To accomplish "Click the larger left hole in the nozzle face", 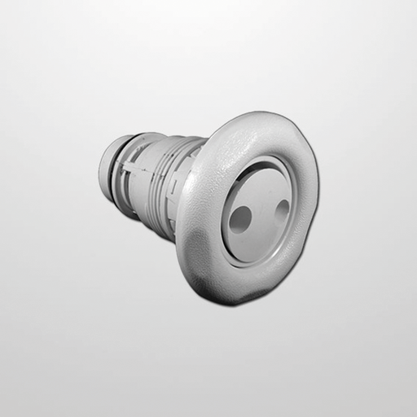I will (241, 217).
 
